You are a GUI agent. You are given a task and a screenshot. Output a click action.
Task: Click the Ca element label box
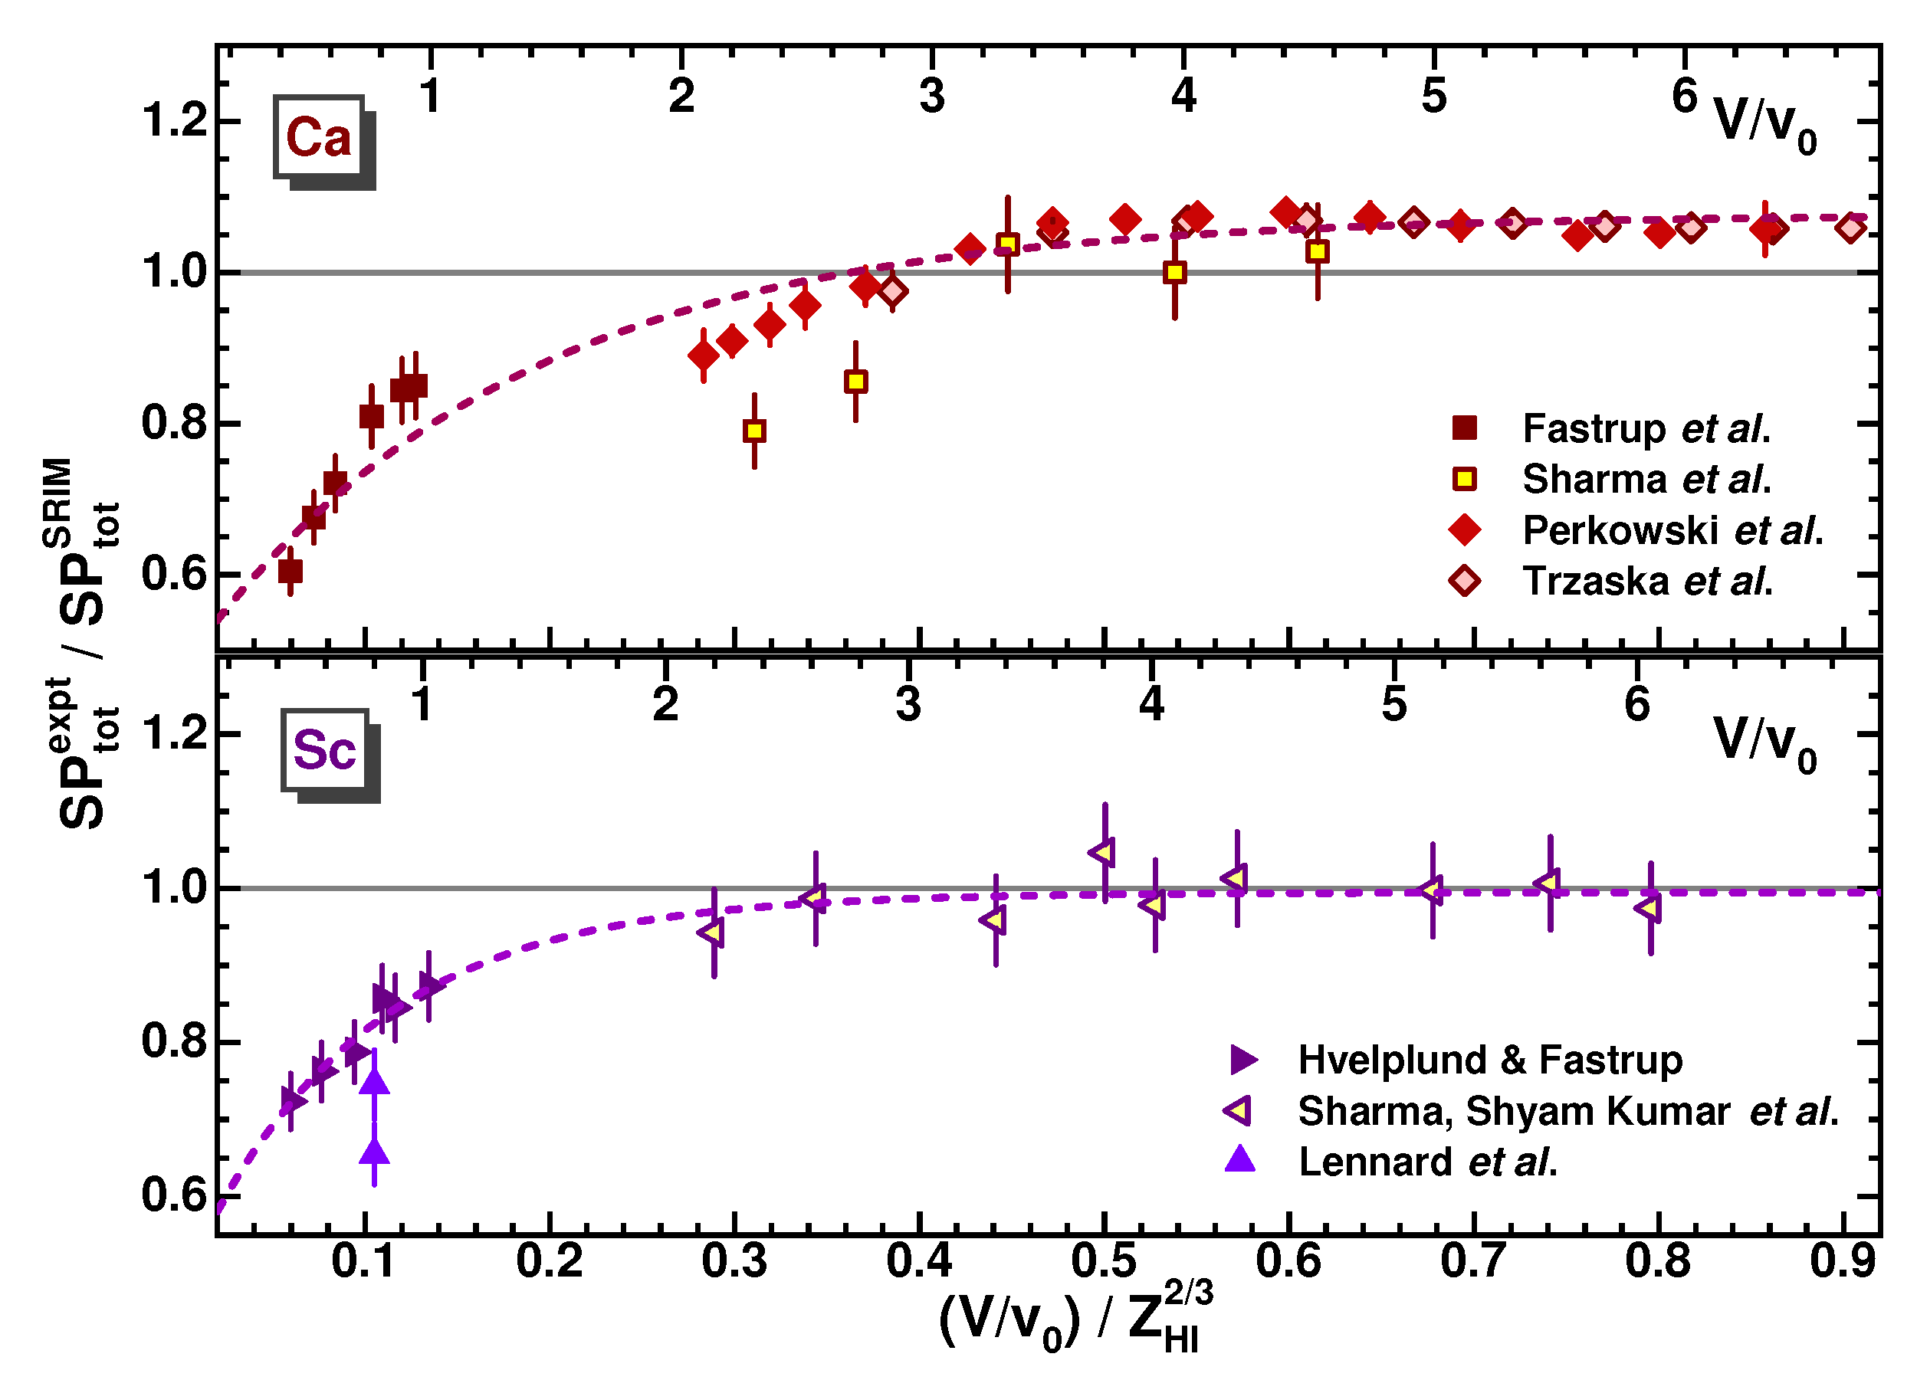pos(319,137)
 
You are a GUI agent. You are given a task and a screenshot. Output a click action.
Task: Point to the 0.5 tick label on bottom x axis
pos(1104,1260)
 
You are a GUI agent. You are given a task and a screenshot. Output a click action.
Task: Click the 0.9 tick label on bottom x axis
pos(1843,1260)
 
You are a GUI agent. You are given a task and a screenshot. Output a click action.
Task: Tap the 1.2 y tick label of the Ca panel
pos(175,120)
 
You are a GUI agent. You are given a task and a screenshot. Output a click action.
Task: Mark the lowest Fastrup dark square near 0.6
pos(291,572)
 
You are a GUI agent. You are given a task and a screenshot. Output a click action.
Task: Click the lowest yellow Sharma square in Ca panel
pos(755,431)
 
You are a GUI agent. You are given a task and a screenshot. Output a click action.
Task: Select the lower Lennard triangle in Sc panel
pos(375,1152)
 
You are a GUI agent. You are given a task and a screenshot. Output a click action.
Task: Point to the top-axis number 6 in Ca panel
pos(1685,96)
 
